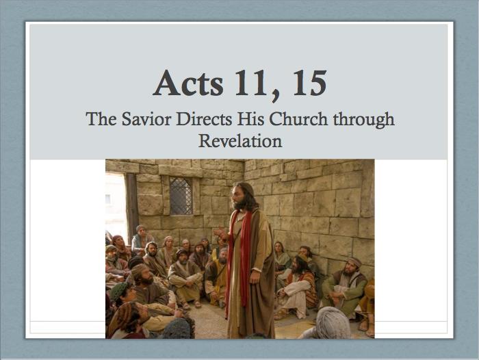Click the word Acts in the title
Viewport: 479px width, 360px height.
click(x=188, y=83)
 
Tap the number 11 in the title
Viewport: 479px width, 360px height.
click(x=250, y=83)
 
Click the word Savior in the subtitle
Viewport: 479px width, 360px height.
click(x=146, y=119)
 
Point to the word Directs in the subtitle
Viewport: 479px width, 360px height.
click(x=204, y=119)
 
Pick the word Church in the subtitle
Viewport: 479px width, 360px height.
click(x=298, y=119)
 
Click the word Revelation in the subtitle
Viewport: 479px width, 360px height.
click(x=240, y=141)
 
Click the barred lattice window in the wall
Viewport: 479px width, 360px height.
click(x=181, y=196)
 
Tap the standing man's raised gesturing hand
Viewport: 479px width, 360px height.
click(x=221, y=234)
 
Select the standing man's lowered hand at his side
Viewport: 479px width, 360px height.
click(x=255, y=277)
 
